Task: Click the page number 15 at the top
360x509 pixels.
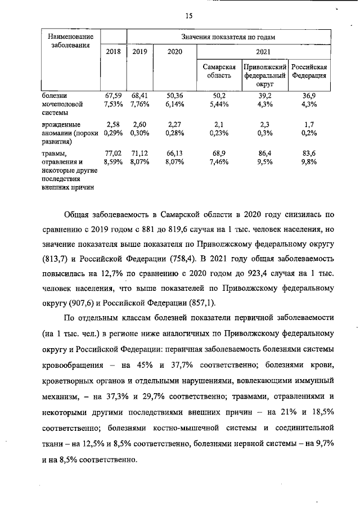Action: coord(189,16)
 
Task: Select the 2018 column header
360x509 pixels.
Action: coord(113,52)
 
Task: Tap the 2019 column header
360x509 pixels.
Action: coord(139,52)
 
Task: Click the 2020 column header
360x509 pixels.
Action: coord(175,52)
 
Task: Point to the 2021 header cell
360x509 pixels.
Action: coord(263,52)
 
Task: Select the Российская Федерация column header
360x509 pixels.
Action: coord(309,71)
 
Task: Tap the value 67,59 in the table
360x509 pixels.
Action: coord(114,96)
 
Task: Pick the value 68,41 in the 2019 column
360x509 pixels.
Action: coord(139,96)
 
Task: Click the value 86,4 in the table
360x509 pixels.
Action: coord(264,152)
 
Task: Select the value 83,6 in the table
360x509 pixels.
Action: coord(309,152)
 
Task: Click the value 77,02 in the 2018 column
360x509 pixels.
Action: coord(114,152)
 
